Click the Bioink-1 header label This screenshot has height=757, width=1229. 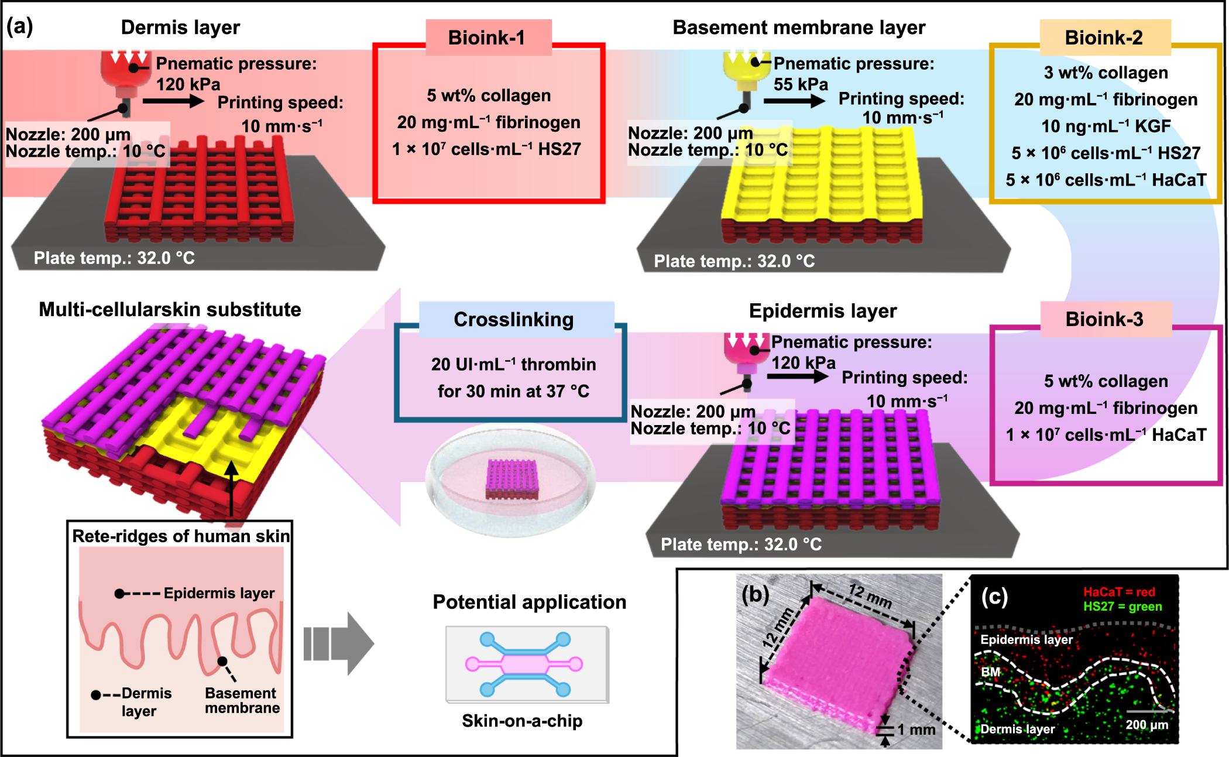point(487,38)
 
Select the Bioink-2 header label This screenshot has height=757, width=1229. point(1103,38)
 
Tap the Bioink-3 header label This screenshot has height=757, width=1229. point(1104,320)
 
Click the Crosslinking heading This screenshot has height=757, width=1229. point(514,320)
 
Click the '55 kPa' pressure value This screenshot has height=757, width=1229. point(801,85)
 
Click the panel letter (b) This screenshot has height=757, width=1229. point(755,595)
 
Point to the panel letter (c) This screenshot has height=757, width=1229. point(994,596)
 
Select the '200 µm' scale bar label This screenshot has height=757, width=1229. point(1146,725)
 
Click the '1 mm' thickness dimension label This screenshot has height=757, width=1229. point(916,729)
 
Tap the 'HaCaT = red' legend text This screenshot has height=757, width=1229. point(1119,592)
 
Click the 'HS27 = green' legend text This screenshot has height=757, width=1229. point(1122,607)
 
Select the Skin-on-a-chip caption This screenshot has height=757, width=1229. point(522,721)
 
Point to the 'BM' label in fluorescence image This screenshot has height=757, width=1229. point(990,672)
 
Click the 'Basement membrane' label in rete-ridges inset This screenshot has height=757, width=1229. point(242,701)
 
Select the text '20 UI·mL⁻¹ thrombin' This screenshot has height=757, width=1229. point(513,365)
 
